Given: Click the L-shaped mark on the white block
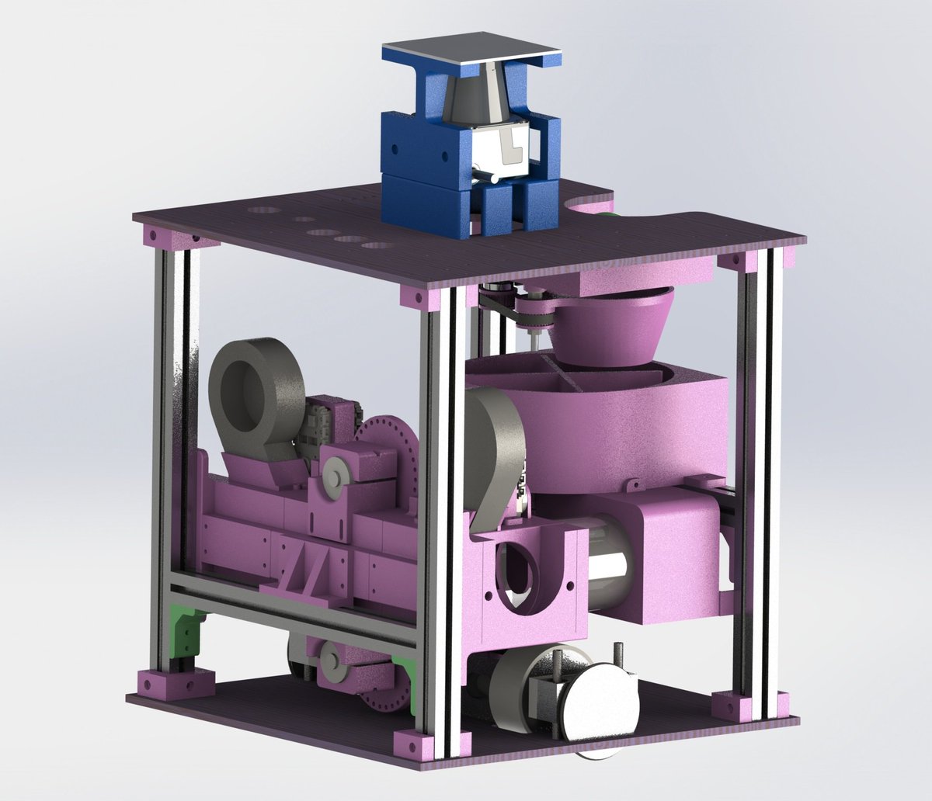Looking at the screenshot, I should [x=510, y=147].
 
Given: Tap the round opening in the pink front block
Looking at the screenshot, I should [x=515, y=574].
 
